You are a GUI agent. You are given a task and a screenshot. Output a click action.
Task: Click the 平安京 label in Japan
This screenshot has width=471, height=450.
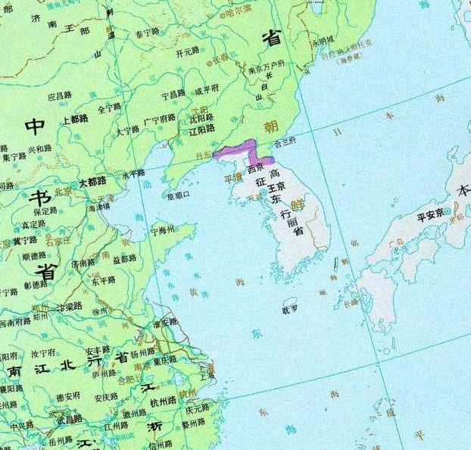[430, 215]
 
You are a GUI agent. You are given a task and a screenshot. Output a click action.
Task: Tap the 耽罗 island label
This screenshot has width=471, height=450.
[290, 309]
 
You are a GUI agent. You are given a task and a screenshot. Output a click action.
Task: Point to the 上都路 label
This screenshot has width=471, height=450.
[74, 119]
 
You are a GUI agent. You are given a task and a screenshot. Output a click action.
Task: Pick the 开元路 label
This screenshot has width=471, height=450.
[187, 53]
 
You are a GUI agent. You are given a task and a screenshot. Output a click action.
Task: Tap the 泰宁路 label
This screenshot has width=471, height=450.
[147, 33]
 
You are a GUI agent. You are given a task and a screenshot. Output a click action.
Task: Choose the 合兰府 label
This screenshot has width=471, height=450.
[289, 141]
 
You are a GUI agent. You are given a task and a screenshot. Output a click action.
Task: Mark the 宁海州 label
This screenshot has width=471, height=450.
[163, 229]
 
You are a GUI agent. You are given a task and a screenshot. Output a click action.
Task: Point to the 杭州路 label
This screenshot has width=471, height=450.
[164, 402]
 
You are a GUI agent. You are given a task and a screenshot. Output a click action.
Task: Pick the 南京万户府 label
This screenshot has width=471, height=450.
[267, 70]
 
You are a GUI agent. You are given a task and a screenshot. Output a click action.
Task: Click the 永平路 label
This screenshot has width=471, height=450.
[133, 173]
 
